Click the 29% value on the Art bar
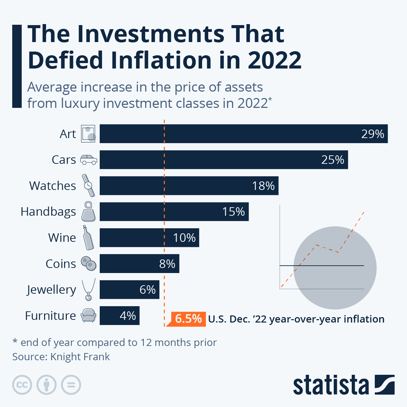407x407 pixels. point(372,134)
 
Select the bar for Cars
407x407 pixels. point(224,160)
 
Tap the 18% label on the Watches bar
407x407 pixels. point(263,186)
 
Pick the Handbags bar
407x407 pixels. point(174,212)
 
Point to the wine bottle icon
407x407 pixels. point(89,237)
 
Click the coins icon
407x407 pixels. point(89,264)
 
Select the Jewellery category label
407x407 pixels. point(52,290)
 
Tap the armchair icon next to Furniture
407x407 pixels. point(89,315)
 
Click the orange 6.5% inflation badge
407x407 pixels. point(188,319)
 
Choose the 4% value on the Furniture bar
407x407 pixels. point(128,316)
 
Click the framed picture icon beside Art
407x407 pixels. point(89,134)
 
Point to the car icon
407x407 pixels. point(89,160)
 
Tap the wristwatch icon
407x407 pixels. point(89,186)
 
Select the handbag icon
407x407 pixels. point(89,211)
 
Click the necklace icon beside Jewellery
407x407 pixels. point(89,290)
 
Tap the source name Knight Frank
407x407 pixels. point(80,357)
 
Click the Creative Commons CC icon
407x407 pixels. point(22,385)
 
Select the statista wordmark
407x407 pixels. point(331,385)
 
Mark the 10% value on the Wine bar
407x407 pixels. point(184,238)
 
